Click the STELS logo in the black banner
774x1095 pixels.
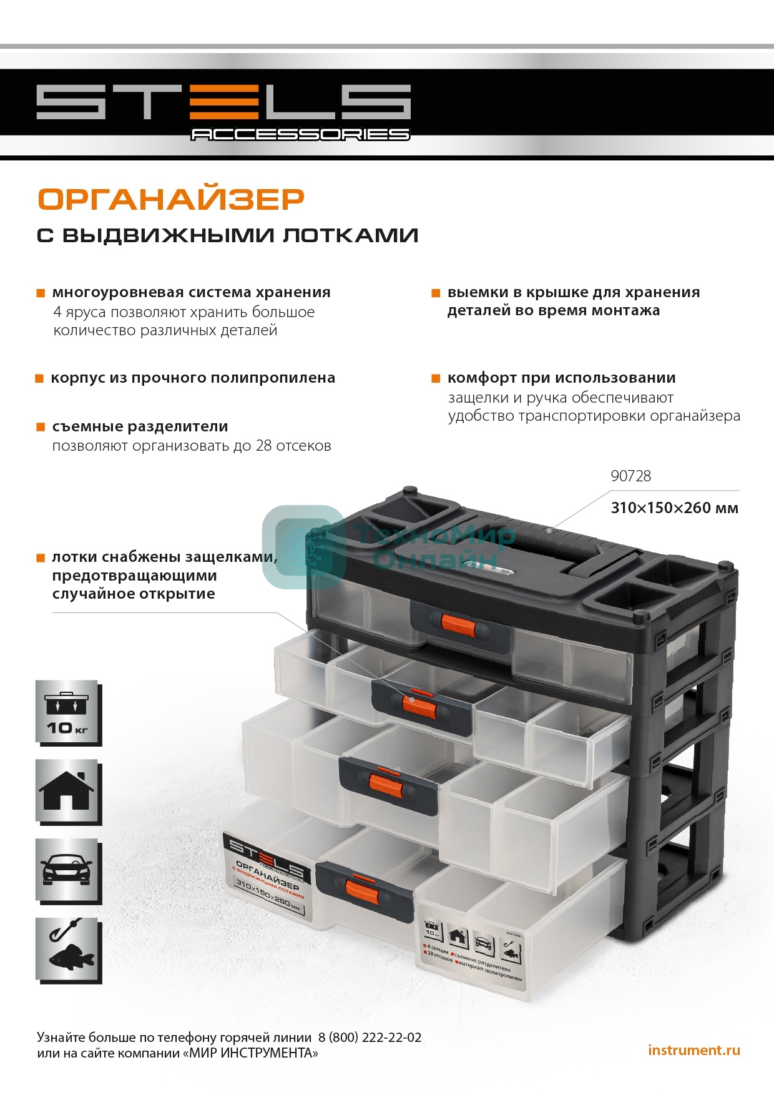click(x=223, y=102)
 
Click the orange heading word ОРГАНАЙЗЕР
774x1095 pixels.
click(x=170, y=199)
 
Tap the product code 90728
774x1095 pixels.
click(x=630, y=476)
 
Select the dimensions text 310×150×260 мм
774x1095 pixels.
click(x=674, y=508)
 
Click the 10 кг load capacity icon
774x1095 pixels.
click(x=67, y=712)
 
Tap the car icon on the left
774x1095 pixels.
click(x=67, y=870)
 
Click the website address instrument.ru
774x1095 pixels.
click(x=693, y=1050)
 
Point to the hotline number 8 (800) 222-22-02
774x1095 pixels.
click(x=370, y=1038)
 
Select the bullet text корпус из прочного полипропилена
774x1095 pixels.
click(x=193, y=378)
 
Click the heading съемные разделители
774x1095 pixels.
click(x=140, y=427)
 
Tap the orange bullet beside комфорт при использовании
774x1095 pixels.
click(x=436, y=379)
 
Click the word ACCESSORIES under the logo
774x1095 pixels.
click(x=300, y=134)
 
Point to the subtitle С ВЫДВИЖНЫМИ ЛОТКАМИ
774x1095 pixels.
click(x=227, y=235)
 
